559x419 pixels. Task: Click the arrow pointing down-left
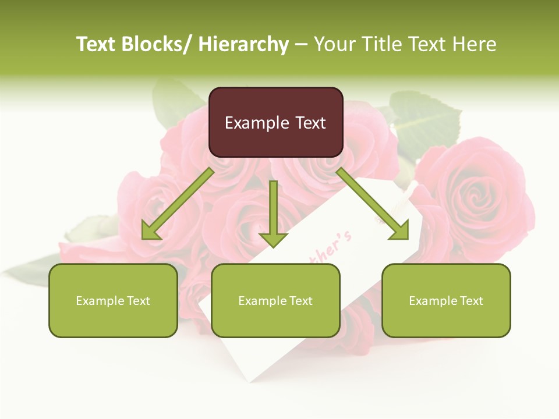[x=178, y=203]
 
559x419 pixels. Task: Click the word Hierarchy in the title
[x=243, y=44]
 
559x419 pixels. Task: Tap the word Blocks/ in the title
[x=158, y=44]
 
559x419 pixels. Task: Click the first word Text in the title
[x=97, y=44]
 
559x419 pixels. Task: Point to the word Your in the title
[x=334, y=44]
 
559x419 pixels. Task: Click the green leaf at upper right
[x=422, y=119]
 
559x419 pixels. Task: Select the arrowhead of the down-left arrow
[x=150, y=232]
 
